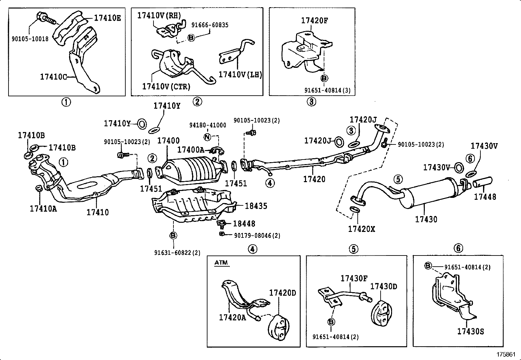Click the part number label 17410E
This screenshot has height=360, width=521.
click(107, 18)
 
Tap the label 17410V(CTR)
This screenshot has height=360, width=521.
click(166, 86)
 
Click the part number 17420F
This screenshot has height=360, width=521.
click(314, 21)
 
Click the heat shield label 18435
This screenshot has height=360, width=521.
click(256, 206)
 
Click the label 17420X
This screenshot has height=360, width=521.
click(361, 229)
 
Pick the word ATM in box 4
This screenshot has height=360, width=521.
click(221, 263)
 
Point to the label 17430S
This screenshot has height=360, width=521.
click(470, 332)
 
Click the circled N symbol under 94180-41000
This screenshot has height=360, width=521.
click(207, 137)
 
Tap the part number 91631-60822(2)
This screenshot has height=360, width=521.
click(177, 253)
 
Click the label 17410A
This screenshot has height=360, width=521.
click(43, 209)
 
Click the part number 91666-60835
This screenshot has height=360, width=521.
click(210, 25)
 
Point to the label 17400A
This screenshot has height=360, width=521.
click(190, 150)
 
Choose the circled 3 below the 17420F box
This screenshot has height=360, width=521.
click(311, 102)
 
